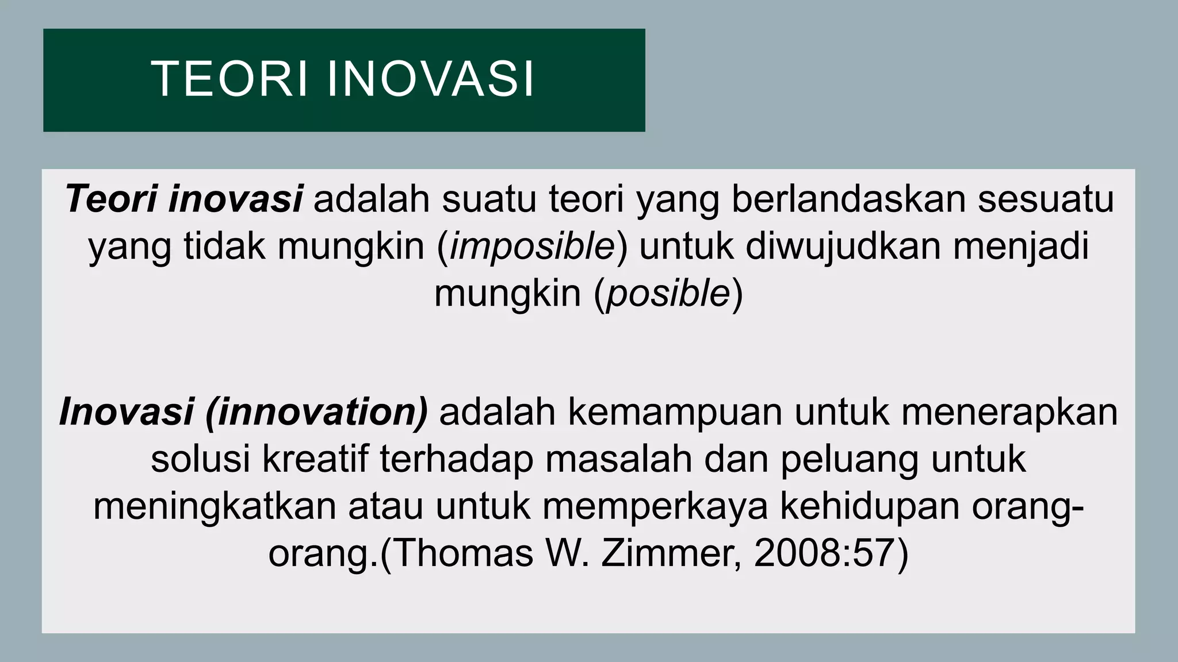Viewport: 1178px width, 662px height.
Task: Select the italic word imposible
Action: (x=533, y=247)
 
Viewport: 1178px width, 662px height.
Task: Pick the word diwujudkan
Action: (x=843, y=247)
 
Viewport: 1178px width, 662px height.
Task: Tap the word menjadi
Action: (x=1021, y=248)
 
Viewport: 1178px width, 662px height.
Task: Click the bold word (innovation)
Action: (x=317, y=413)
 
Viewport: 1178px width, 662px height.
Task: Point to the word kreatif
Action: (x=315, y=460)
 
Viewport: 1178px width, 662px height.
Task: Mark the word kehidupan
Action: (x=870, y=507)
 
